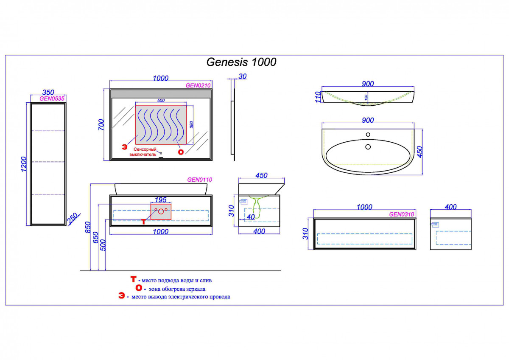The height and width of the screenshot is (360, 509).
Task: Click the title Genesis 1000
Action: pos(241,62)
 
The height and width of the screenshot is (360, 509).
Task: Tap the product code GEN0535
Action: pos(52,98)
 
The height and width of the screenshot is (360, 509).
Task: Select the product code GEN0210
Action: pos(198,85)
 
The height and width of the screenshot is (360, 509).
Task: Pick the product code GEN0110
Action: pos(199,180)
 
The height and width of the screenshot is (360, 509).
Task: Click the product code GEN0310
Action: pos(401,214)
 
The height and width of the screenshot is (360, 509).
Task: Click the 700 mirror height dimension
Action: pos(101,124)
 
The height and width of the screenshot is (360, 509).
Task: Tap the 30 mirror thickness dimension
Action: pos(243,76)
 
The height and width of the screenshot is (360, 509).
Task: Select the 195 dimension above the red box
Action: pos(161,200)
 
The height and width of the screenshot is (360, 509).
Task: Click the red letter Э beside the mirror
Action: pos(124,147)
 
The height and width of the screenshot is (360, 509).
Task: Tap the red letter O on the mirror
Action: pos(181,152)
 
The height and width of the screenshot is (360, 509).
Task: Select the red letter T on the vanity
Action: pos(144,221)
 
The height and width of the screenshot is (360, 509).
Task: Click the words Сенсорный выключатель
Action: pos(145,152)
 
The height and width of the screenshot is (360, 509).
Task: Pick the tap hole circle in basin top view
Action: pos(367,135)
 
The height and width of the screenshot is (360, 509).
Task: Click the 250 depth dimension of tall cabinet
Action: pos(73,218)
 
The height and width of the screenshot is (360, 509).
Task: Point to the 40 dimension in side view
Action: pos(251,217)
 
